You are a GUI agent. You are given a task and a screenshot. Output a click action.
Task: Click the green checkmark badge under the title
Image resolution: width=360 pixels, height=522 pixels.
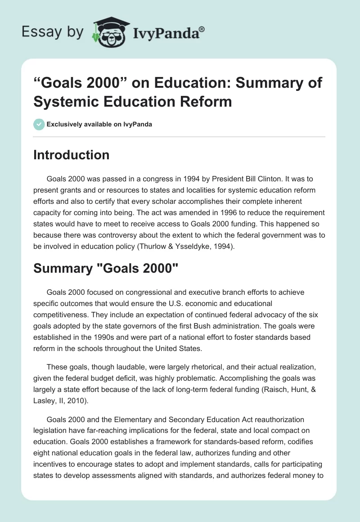click(39, 124)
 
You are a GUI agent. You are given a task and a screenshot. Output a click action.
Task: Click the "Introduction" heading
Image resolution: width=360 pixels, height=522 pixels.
click(71, 155)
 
